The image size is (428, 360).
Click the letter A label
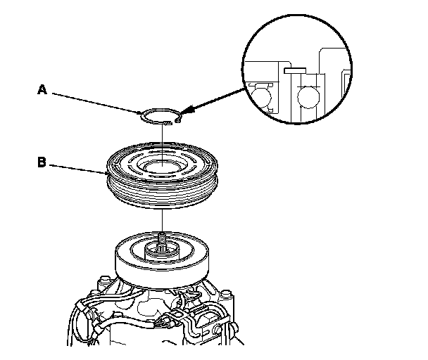tap(43, 89)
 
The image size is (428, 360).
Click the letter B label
tap(42, 162)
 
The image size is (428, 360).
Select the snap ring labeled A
tap(150, 115)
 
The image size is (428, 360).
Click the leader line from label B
tap(77, 167)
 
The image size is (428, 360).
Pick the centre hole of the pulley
tap(162, 167)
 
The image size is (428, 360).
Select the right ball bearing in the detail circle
tap(308, 95)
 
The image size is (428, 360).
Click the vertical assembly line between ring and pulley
tap(162, 137)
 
